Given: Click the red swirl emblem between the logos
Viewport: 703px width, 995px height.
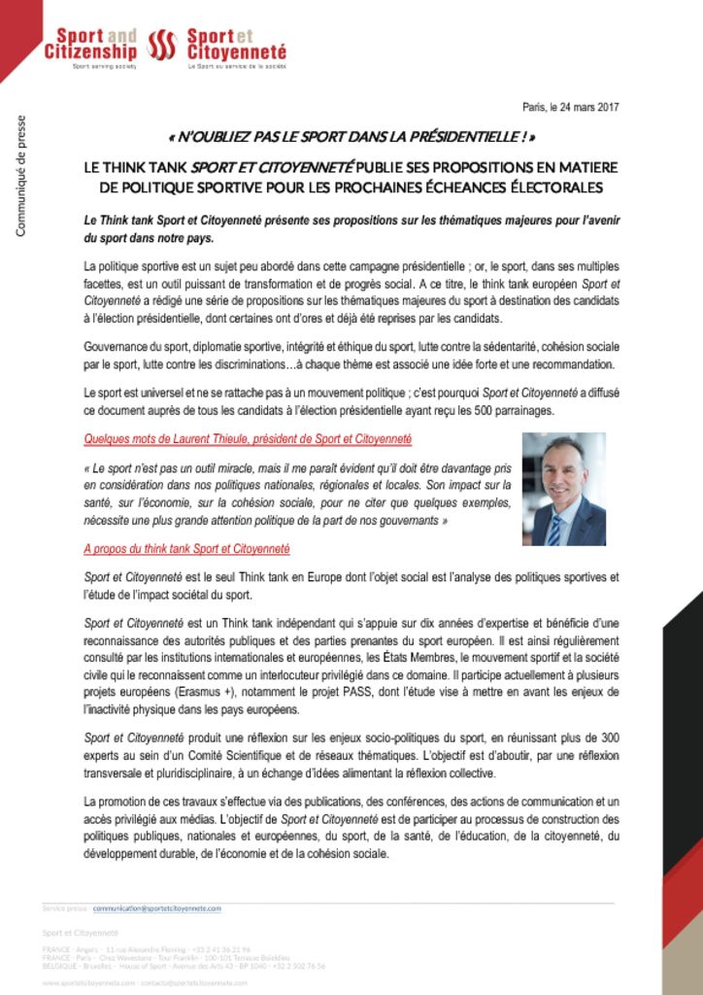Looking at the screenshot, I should point(161,44).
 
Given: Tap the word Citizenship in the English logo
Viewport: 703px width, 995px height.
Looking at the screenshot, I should point(91,51).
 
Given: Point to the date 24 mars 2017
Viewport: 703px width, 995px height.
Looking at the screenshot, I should point(584,108).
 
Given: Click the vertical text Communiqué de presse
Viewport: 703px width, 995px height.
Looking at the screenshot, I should point(20,176).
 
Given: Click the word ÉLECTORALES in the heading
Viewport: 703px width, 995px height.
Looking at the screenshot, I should point(549,187).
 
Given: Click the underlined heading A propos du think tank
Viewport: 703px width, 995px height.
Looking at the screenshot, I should point(186,549).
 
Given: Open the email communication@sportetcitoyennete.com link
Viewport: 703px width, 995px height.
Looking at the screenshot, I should point(157,908).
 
